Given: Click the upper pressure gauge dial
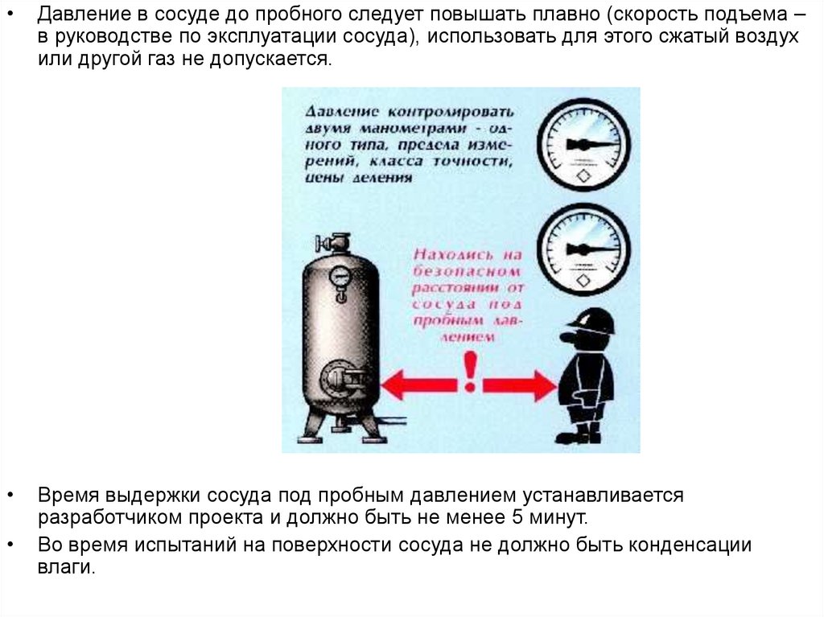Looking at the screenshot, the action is coord(583,145).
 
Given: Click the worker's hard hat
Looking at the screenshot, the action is coord(591,319).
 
